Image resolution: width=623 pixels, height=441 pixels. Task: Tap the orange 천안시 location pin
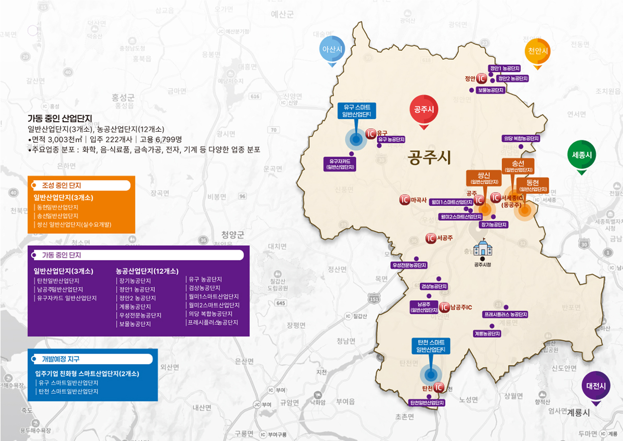point(538,51)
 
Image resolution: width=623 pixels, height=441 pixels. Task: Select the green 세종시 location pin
point(581,155)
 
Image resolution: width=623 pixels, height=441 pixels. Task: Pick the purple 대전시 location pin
point(596,386)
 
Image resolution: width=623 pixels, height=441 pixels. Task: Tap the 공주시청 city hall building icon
point(482,247)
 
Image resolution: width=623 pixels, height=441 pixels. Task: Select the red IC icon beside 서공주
point(431,238)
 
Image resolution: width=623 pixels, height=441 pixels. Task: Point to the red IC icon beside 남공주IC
point(444,307)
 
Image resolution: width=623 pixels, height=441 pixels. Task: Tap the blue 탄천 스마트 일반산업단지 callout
point(431,345)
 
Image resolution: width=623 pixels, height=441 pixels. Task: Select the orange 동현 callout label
point(533,185)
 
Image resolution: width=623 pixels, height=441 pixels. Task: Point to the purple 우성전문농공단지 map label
point(409,265)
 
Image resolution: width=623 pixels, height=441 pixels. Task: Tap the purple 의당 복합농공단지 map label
point(521,138)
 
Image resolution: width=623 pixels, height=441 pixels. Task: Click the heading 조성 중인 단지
point(62,186)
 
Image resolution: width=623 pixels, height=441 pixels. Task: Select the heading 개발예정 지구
point(61,359)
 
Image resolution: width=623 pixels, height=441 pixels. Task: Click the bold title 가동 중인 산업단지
point(60,118)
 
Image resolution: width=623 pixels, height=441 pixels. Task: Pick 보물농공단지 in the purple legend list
point(134,324)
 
